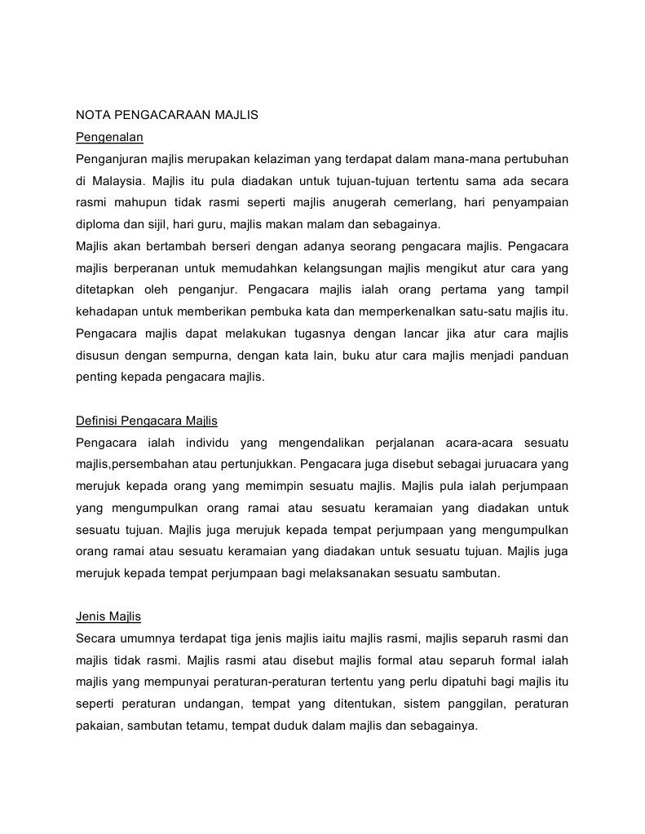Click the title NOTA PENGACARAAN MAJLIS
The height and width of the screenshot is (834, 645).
pyautogui.click(x=166, y=115)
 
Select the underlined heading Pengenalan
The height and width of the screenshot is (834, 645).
pyautogui.click(x=109, y=136)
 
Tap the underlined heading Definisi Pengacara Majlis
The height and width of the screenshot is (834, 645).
pyautogui.click(x=147, y=421)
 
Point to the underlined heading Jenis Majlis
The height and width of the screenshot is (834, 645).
pyautogui.click(x=108, y=616)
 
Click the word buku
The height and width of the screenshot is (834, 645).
pyautogui.click(x=358, y=355)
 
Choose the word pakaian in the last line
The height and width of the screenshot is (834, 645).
pyautogui.click(x=97, y=726)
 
